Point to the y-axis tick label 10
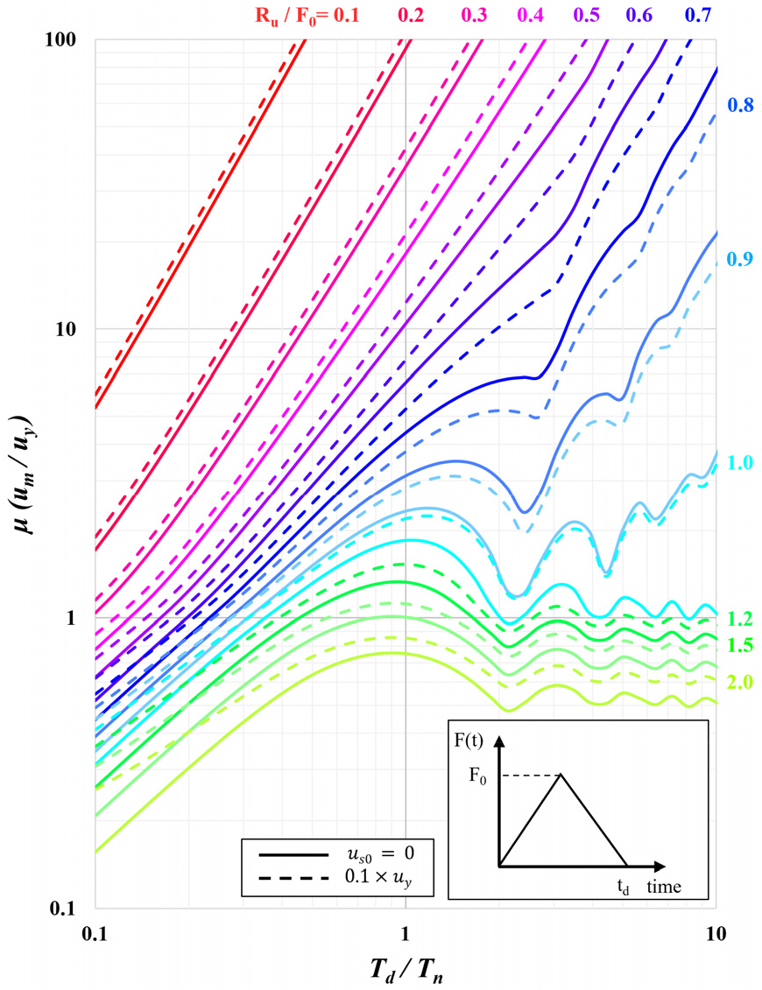pyautogui.click(x=68, y=329)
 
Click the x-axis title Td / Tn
pyautogui.click(x=406, y=965)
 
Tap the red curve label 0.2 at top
pyautogui.click(x=411, y=14)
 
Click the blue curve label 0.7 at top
pyautogui.click(x=698, y=14)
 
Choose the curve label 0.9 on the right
pyautogui.click(x=741, y=258)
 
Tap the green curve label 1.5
pyautogui.click(x=741, y=645)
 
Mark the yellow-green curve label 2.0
pyautogui.click(x=741, y=681)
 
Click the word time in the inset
pyautogui.click(x=665, y=887)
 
